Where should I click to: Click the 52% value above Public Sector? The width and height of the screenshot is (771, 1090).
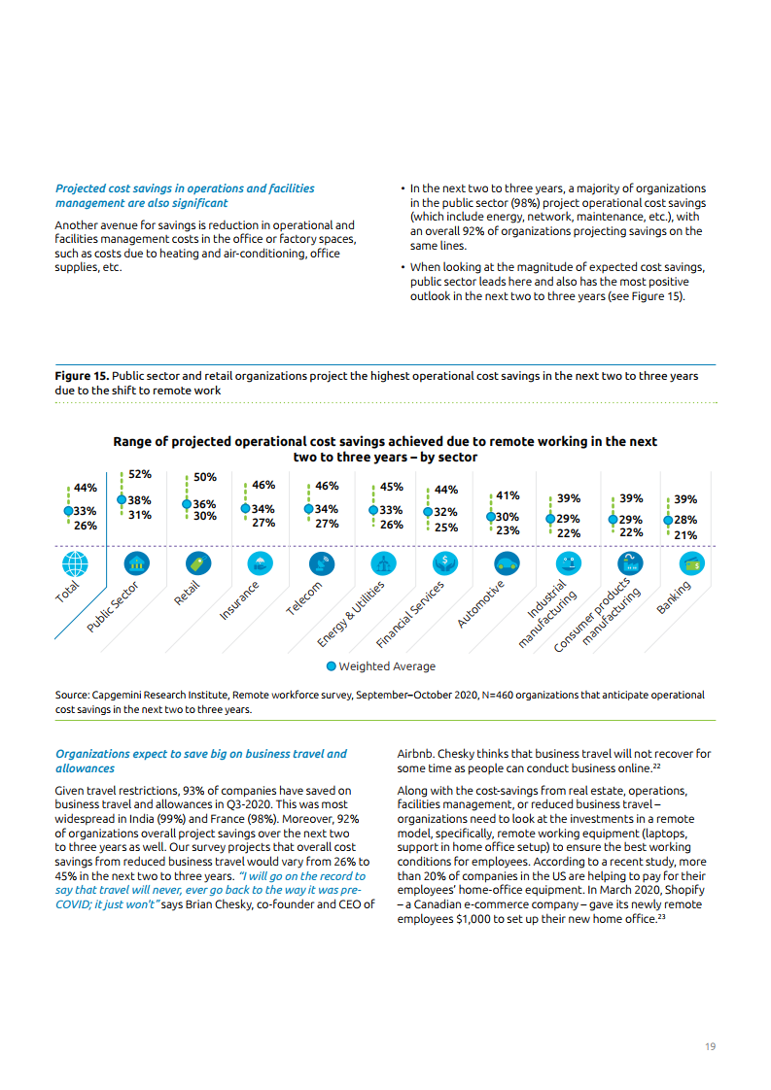(140, 474)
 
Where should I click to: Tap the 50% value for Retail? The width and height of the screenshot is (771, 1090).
(205, 477)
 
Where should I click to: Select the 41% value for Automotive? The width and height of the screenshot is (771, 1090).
(508, 495)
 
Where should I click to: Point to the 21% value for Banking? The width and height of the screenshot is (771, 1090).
(685, 535)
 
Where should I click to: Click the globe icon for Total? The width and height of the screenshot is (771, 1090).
(74, 563)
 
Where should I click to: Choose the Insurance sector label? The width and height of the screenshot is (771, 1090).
(239, 600)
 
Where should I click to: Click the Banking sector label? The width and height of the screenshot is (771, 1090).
(674, 596)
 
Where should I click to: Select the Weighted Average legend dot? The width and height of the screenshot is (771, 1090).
(332, 666)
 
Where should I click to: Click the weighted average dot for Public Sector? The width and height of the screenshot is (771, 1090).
(121, 500)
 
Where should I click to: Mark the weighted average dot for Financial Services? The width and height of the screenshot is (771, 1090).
(427, 511)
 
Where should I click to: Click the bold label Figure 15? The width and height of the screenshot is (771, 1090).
(82, 376)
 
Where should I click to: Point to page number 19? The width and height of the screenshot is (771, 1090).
(711, 1046)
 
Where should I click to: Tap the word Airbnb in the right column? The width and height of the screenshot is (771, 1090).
(415, 754)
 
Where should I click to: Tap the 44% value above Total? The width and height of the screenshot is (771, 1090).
(85, 488)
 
